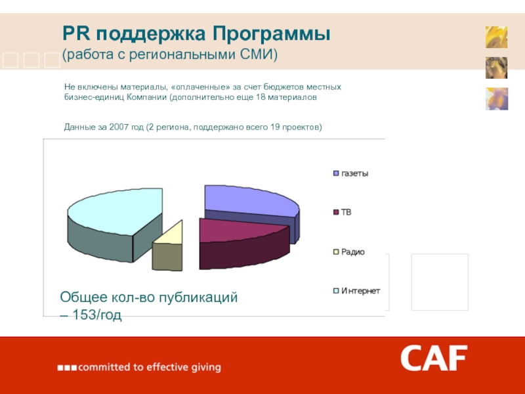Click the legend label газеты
click(354, 174)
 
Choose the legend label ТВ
click(346, 212)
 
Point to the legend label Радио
click(352, 252)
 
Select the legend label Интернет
click(360, 290)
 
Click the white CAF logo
click(434, 359)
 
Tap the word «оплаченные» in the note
click(199, 87)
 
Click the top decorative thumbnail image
click(496, 37)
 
